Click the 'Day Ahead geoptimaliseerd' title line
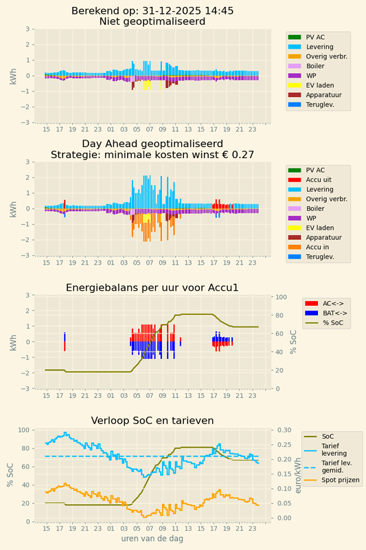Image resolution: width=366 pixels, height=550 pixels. point(152,144)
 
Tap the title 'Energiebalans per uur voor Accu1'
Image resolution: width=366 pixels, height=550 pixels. point(152,287)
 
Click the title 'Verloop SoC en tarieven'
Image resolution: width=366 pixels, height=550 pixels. point(152,421)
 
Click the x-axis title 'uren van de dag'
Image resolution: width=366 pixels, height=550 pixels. point(152,538)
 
